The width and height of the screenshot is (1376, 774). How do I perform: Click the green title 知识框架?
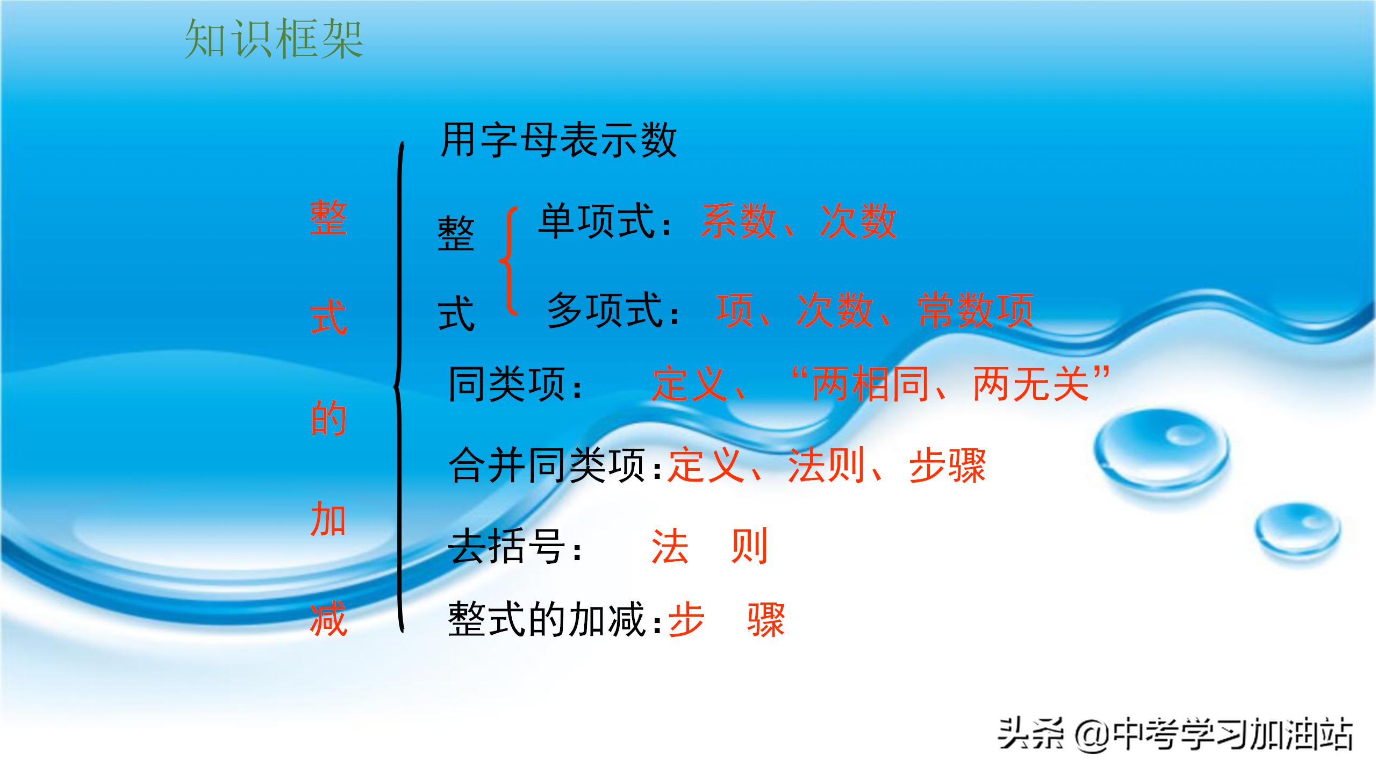[x=274, y=39]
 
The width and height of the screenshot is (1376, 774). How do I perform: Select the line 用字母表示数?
[x=558, y=140]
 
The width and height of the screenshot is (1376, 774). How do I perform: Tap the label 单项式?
[x=597, y=221]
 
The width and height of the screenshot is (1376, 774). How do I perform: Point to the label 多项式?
[x=605, y=310]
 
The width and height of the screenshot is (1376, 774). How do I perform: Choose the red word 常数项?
[x=976, y=310]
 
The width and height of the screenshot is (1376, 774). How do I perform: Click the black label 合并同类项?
[x=547, y=465]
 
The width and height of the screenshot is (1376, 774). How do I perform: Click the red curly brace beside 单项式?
[x=508, y=261]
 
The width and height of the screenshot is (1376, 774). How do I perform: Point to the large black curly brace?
[x=399, y=387]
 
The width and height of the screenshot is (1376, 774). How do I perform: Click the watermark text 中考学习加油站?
[x=1231, y=735]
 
